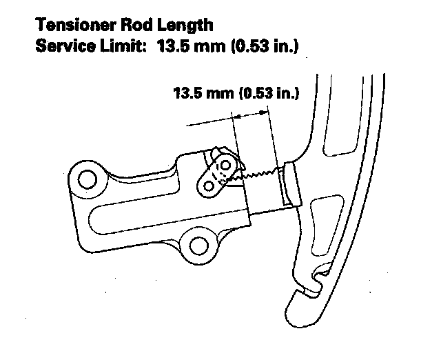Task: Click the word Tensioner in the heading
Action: pos(71,26)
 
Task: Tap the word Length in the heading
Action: pos(182,26)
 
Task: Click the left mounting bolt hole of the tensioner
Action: pos(87,180)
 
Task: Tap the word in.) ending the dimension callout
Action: pos(286,92)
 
